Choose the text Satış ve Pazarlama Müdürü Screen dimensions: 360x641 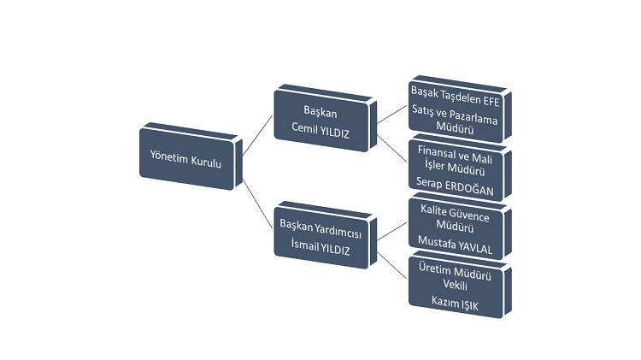[455, 119]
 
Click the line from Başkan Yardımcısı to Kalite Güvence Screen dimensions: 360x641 [391, 229]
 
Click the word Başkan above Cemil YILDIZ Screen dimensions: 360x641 [321, 112]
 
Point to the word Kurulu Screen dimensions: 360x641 [205, 160]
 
